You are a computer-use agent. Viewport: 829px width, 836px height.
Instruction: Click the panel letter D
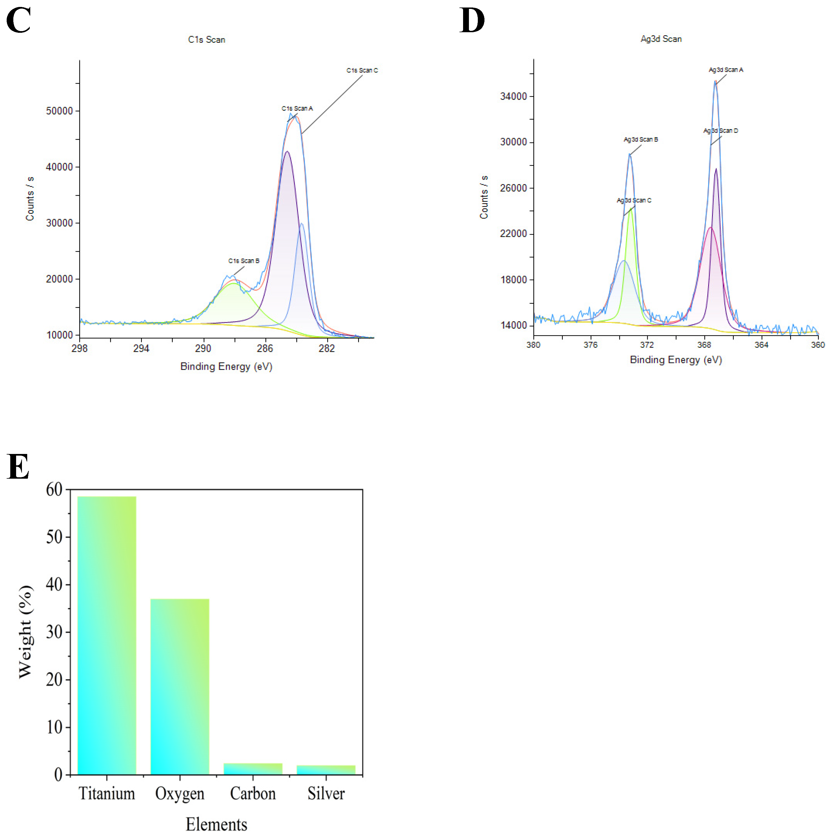coord(472,20)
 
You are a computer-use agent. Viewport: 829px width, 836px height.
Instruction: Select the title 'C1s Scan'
coord(206,39)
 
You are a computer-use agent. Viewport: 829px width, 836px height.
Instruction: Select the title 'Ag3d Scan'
coord(661,39)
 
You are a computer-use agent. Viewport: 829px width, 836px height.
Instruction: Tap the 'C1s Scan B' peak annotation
coord(243,260)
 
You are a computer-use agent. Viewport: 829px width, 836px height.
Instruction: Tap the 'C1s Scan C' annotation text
coord(362,70)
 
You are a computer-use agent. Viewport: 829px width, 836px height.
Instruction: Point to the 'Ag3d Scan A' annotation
coord(726,70)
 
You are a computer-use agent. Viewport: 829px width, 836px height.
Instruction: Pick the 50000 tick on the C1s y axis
coord(59,111)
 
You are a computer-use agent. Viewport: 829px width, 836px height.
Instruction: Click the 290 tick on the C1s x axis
coord(203,348)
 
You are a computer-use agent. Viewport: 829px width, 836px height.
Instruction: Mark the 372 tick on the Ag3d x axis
coord(647,345)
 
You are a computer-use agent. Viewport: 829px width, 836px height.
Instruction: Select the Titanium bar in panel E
coord(106,636)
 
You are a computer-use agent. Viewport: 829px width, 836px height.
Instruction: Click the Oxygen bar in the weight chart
coord(180,688)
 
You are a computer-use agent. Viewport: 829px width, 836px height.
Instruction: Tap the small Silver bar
coord(326,770)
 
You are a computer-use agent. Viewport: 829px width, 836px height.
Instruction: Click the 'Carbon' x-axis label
coord(253,794)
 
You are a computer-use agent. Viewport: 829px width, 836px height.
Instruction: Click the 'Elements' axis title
coord(216,824)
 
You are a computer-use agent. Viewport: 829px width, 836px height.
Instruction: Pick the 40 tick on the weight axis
coord(54,585)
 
